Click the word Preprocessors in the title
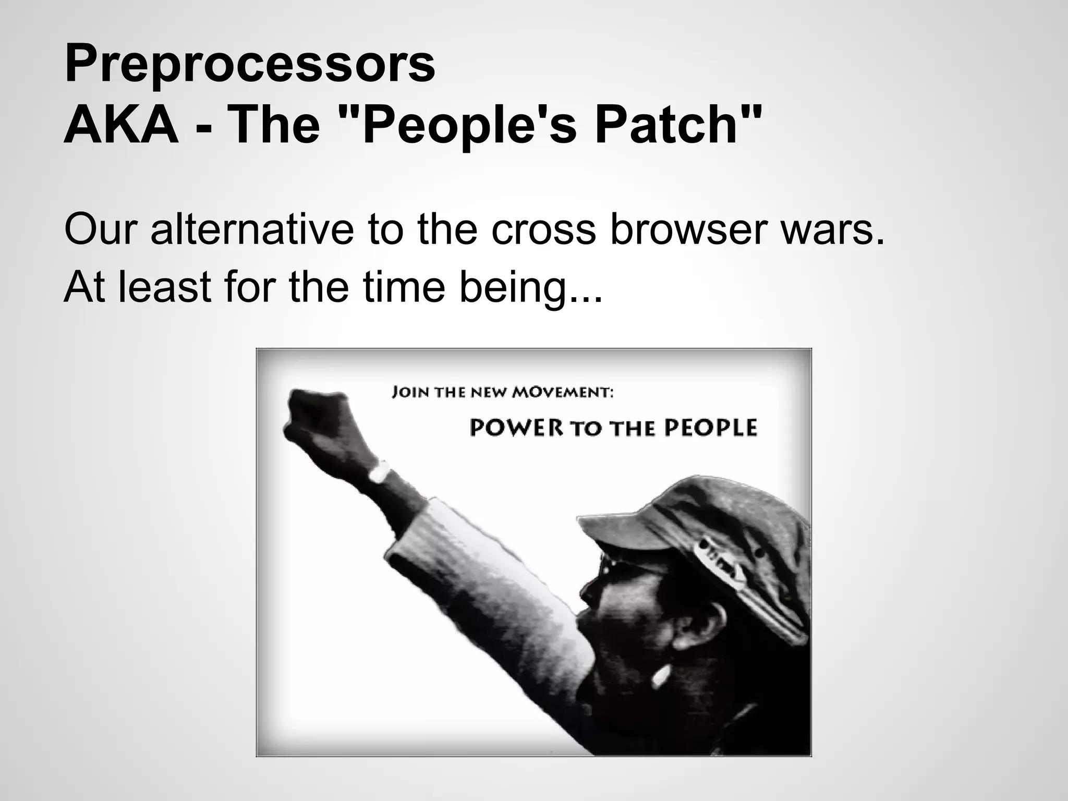tap(249, 65)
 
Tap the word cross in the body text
tap(543, 229)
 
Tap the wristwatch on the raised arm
tap(380, 473)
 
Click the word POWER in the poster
tap(516, 428)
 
